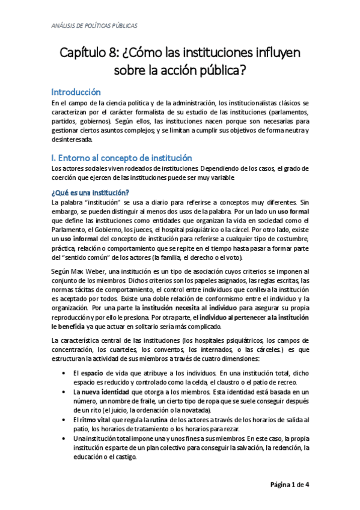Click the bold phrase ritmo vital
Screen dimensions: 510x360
94,419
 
